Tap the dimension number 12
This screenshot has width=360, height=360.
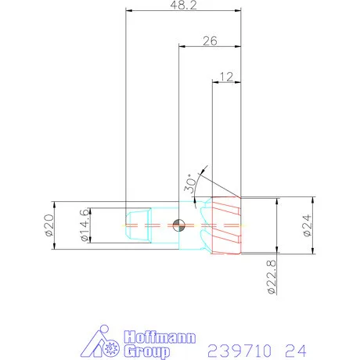228,76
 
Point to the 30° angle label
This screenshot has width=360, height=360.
190,185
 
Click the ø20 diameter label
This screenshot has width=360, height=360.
48,225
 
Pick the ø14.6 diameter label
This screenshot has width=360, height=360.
85,226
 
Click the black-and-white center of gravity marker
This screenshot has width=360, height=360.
179,225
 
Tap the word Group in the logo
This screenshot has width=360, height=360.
145,351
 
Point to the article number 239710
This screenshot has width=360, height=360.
239,347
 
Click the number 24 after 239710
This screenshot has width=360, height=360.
294,347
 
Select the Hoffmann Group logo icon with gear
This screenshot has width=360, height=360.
102,344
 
